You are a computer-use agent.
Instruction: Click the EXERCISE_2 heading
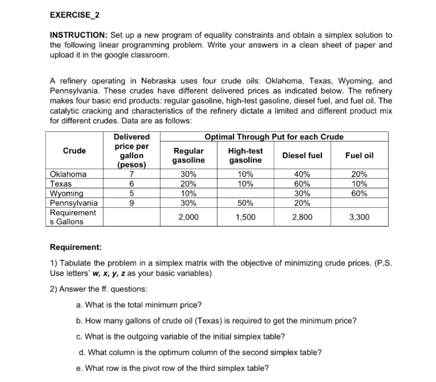[x=74, y=14]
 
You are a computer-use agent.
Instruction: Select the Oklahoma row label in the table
[x=68, y=174]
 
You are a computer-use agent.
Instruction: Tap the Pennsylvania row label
[x=74, y=203]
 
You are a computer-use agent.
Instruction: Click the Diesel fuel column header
[x=302, y=155]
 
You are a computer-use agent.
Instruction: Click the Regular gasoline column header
[x=188, y=155]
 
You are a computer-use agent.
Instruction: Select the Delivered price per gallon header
[x=131, y=151]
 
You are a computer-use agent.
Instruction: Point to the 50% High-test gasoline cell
[x=245, y=203]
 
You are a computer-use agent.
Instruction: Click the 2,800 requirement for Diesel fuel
[x=302, y=217]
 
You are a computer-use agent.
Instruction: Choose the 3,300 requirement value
[x=360, y=217]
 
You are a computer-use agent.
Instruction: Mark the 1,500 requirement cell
[x=245, y=217]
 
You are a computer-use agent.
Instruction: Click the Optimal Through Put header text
[x=274, y=137]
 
